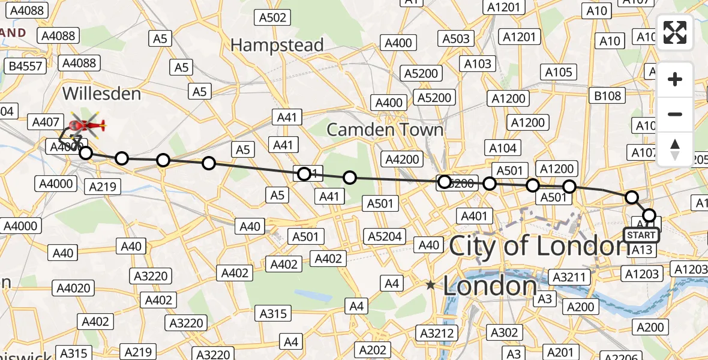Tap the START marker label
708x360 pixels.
pyautogui.click(x=641, y=235)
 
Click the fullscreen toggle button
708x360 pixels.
pyautogui.click(x=675, y=32)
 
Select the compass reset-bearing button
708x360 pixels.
pyautogui.click(x=675, y=149)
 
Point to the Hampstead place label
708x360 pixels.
pyautogui.click(x=277, y=45)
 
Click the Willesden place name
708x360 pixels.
pyautogui.click(x=101, y=94)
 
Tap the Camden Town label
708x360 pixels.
pyautogui.click(x=385, y=130)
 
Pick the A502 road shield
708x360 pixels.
pyautogui.click(x=273, y=17)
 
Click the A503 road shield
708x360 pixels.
pyautogui.click(x=456, y=39)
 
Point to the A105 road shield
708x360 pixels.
pyautogui.click(x=559, y=73)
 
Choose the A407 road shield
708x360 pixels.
pyautogui.click(x=46, y=122)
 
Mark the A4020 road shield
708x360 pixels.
pyautogui.click(x=74, y=288)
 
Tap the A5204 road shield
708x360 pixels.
pyautogui.click(x=385, y=236)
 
